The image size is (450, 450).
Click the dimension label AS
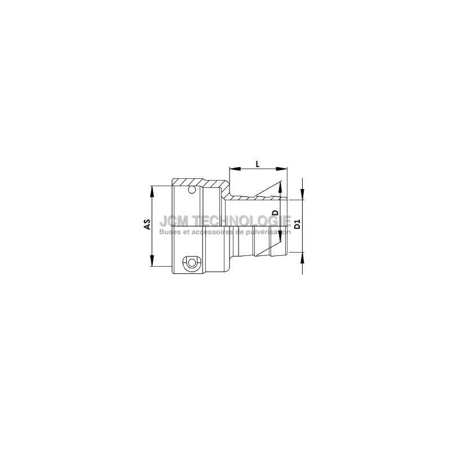point(147,224)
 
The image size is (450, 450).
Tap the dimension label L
point(258,164)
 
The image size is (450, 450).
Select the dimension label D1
point(298,224)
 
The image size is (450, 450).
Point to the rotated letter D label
point(276,213)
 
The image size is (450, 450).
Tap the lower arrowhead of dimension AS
point(152,260)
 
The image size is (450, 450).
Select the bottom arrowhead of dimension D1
point(302,258)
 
